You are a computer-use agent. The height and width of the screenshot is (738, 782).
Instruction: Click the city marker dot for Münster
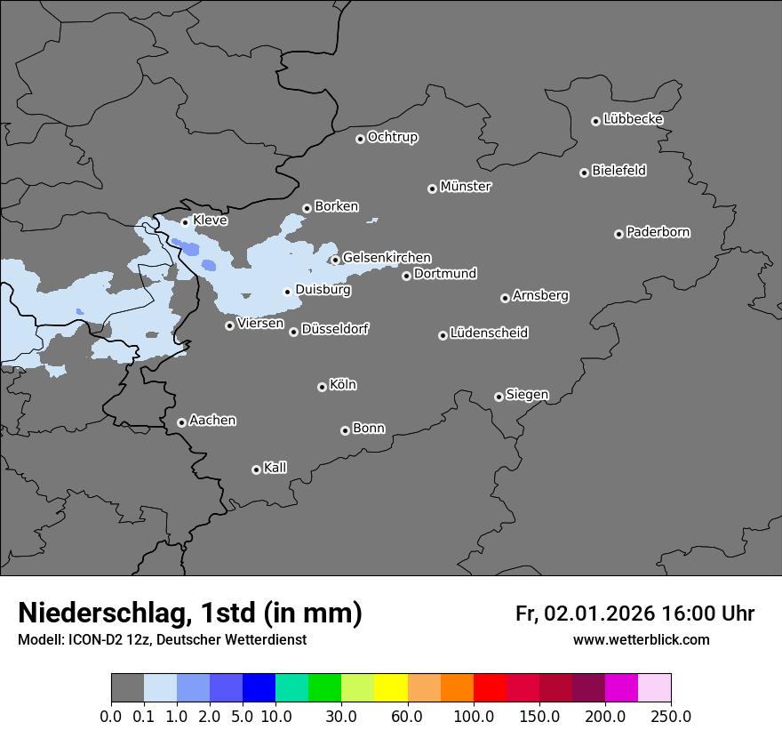[432, 189]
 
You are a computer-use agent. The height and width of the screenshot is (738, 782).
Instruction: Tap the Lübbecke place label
[633, 119]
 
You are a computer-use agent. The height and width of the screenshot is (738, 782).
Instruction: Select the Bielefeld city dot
[584, 172]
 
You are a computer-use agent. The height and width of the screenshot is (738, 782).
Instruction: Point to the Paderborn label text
[658, 232]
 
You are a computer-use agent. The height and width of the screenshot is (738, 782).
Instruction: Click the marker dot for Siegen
[499, 397]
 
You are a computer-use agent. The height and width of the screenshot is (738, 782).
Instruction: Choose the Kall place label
[275, 468]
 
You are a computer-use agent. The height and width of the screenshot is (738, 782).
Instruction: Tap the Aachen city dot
[181, 422]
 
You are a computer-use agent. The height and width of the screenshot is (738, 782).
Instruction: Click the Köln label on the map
[342, 385]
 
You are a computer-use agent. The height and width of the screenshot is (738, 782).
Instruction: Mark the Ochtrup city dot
[360, 139]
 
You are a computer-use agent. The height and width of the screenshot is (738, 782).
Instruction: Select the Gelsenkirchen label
[387, 258]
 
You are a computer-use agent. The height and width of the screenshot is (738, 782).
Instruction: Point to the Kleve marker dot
[185, 222]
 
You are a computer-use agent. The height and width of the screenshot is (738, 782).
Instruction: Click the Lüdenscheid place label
[489, 333]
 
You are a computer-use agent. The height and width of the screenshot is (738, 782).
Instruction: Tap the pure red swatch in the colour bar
[490, 688]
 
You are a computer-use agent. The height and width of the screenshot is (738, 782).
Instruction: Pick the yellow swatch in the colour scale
[391, 688]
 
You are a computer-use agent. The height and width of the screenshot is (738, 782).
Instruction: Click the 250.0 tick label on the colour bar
[671, 716]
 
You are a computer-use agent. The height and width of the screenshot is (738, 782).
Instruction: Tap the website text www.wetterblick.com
[641, 640]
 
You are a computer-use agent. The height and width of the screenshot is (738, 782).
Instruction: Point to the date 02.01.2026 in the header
[600, 614]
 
